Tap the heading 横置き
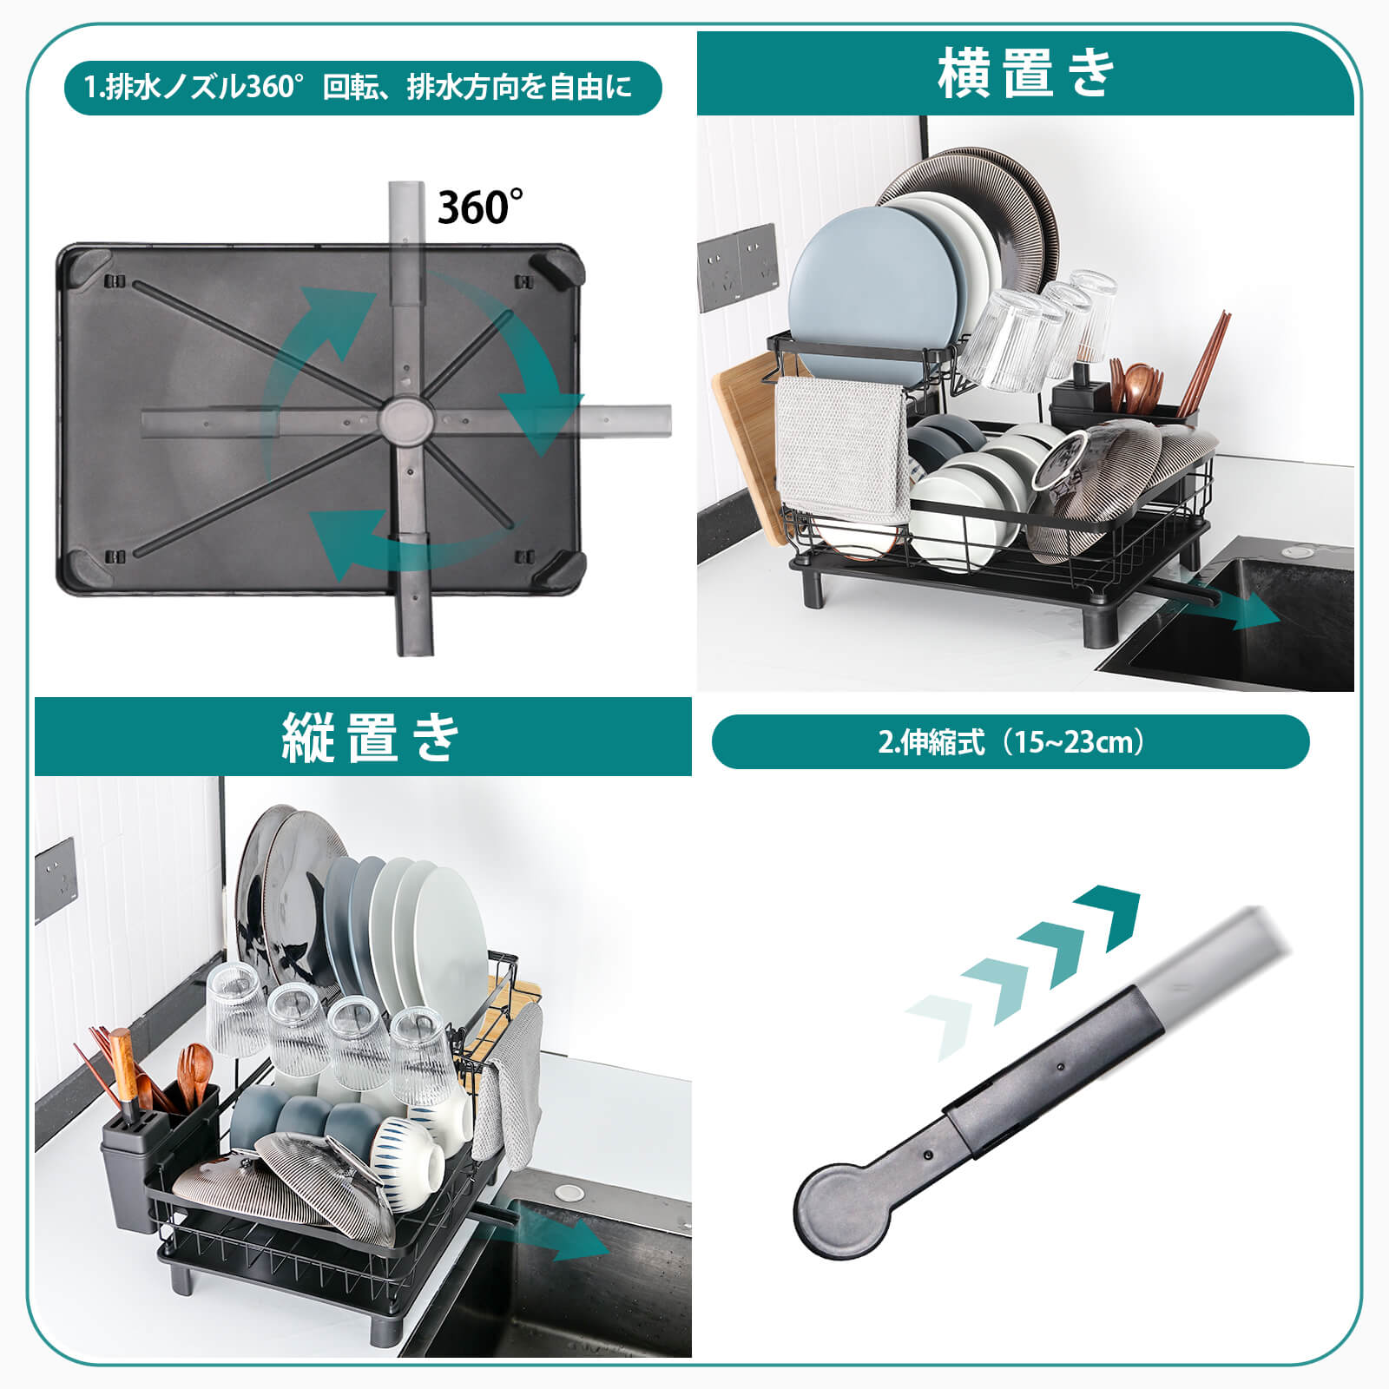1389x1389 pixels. click(x=1024, y=73)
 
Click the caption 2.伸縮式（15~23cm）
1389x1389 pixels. click(x=1010, y=742)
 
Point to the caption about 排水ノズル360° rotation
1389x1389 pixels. click(x=358, y=88)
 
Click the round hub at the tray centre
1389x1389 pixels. click(x=405, y=418)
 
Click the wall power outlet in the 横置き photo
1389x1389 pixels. click(x=738, y=267)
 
